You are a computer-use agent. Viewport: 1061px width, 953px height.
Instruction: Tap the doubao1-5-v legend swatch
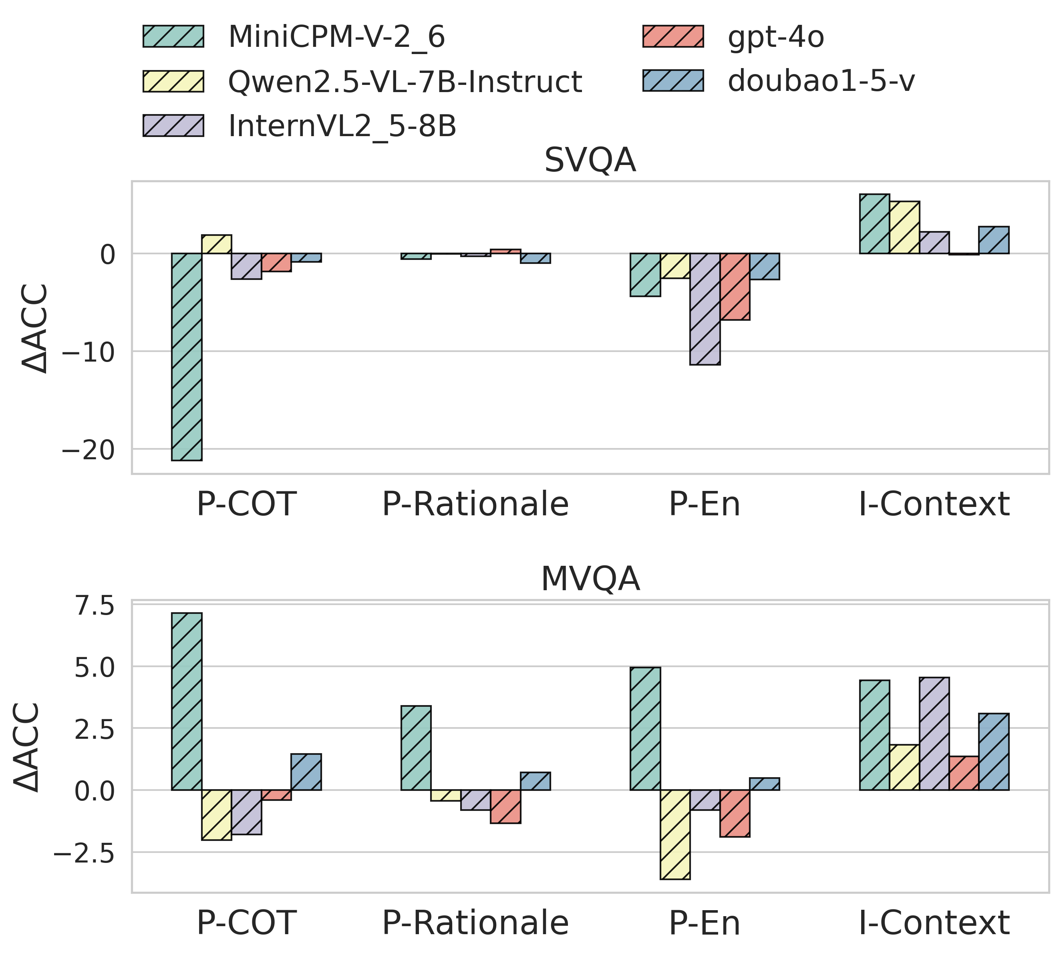[673, 80]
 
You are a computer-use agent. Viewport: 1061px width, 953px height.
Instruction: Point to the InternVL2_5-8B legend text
[342, 126]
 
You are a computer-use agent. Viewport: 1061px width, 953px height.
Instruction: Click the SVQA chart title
[590, 160]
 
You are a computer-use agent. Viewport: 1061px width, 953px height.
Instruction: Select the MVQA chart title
[590, 579]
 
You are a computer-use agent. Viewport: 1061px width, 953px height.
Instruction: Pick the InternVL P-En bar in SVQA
[705, 309]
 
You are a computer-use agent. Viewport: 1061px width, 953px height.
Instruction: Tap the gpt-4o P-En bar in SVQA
[735, 286]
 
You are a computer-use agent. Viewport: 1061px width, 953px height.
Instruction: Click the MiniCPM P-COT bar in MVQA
[187, 701]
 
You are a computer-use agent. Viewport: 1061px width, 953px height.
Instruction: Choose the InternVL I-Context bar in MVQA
[934, 734]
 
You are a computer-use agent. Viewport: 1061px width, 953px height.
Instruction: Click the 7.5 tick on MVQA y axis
[94, 606]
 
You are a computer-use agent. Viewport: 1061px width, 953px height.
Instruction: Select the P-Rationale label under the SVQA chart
[475, 504]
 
